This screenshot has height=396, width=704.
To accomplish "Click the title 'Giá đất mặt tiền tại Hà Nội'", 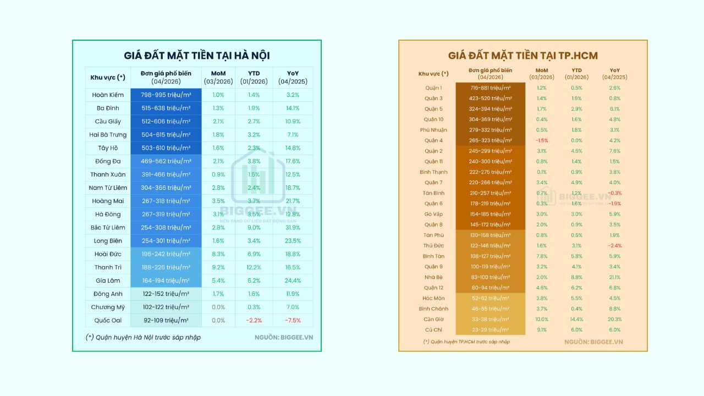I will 197,56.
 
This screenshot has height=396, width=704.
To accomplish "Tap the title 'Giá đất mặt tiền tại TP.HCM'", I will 522,56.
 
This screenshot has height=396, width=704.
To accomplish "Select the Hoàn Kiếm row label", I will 108,95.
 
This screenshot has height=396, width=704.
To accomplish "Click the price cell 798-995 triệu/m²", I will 166,95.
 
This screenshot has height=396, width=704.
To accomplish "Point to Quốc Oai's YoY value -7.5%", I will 293,320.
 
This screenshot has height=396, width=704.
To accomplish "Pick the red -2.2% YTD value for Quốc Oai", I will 254,320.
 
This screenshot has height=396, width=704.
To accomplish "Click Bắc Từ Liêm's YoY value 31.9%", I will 293,227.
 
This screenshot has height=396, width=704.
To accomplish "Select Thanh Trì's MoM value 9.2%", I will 218,267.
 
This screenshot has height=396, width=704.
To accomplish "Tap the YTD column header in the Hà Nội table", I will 254,77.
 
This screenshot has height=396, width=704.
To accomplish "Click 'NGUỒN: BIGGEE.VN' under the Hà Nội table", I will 283,337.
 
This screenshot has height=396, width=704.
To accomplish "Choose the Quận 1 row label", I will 433,88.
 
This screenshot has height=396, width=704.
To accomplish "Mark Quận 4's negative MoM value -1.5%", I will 541,140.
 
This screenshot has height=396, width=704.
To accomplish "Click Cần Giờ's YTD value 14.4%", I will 576,319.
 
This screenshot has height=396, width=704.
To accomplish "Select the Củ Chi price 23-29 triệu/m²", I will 491,329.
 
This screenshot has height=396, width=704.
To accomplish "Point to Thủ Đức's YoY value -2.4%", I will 615,245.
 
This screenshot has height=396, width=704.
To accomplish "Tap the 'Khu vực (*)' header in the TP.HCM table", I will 433,74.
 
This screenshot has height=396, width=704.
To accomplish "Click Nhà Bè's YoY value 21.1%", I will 615,277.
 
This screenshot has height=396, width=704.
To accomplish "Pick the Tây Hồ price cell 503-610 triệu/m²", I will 166,148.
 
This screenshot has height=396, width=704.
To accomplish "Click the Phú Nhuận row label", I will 433,130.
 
